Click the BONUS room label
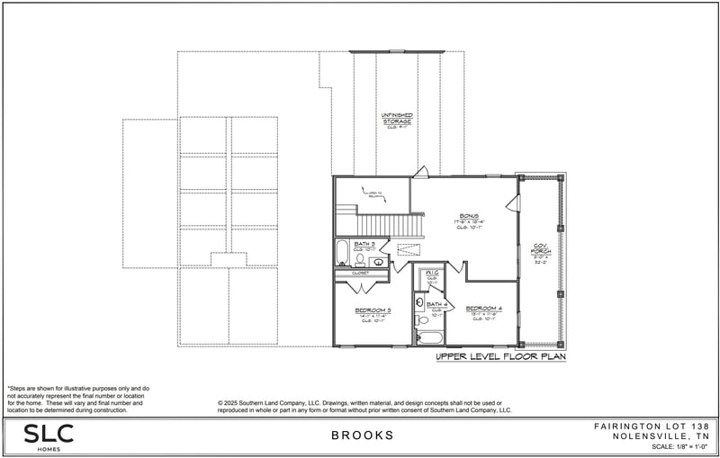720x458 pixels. [x=469, y=216]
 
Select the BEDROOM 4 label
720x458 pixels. [x=482, y=309]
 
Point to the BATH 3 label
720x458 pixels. [x=364, y=244]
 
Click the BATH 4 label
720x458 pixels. [x=436, y=305]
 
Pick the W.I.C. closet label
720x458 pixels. [x=432, y=272]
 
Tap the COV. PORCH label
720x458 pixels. [x=539, y=246]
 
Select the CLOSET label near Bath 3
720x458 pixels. [x=361, y=272]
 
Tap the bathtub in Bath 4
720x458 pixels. [x=430, y=339]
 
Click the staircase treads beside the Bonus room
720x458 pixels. [x=390, y=223]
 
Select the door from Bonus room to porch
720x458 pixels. [x=513, y=202]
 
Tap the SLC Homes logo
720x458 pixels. [x=49, y=436]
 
